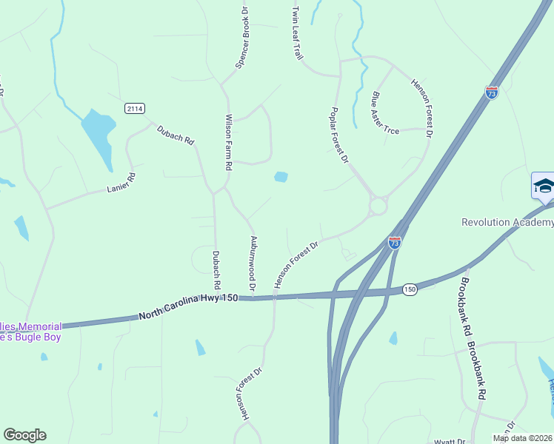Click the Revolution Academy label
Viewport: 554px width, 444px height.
pyautogui.click(x=507, y=222)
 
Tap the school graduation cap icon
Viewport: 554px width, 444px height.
pyautogui.click(x=543, y=185)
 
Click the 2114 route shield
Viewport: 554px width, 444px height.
pyautogui.click(x=134, y=109)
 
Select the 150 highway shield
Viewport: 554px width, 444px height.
pyautogui.click(x=410, y=289)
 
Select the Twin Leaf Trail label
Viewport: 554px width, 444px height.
pyautogui.click(x=298, y=33)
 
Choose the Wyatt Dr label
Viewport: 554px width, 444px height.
pyautogui.click(x=450, y=441)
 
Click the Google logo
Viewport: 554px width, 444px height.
pyautogui.click(x=24, y=435)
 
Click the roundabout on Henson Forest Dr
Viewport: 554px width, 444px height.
pyautogui.click(x=378, y=205)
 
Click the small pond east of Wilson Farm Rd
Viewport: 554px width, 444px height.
pyautogui.click(x=281, y=177)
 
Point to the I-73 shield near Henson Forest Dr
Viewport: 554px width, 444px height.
pyautogui.click(x=395, y=242)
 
